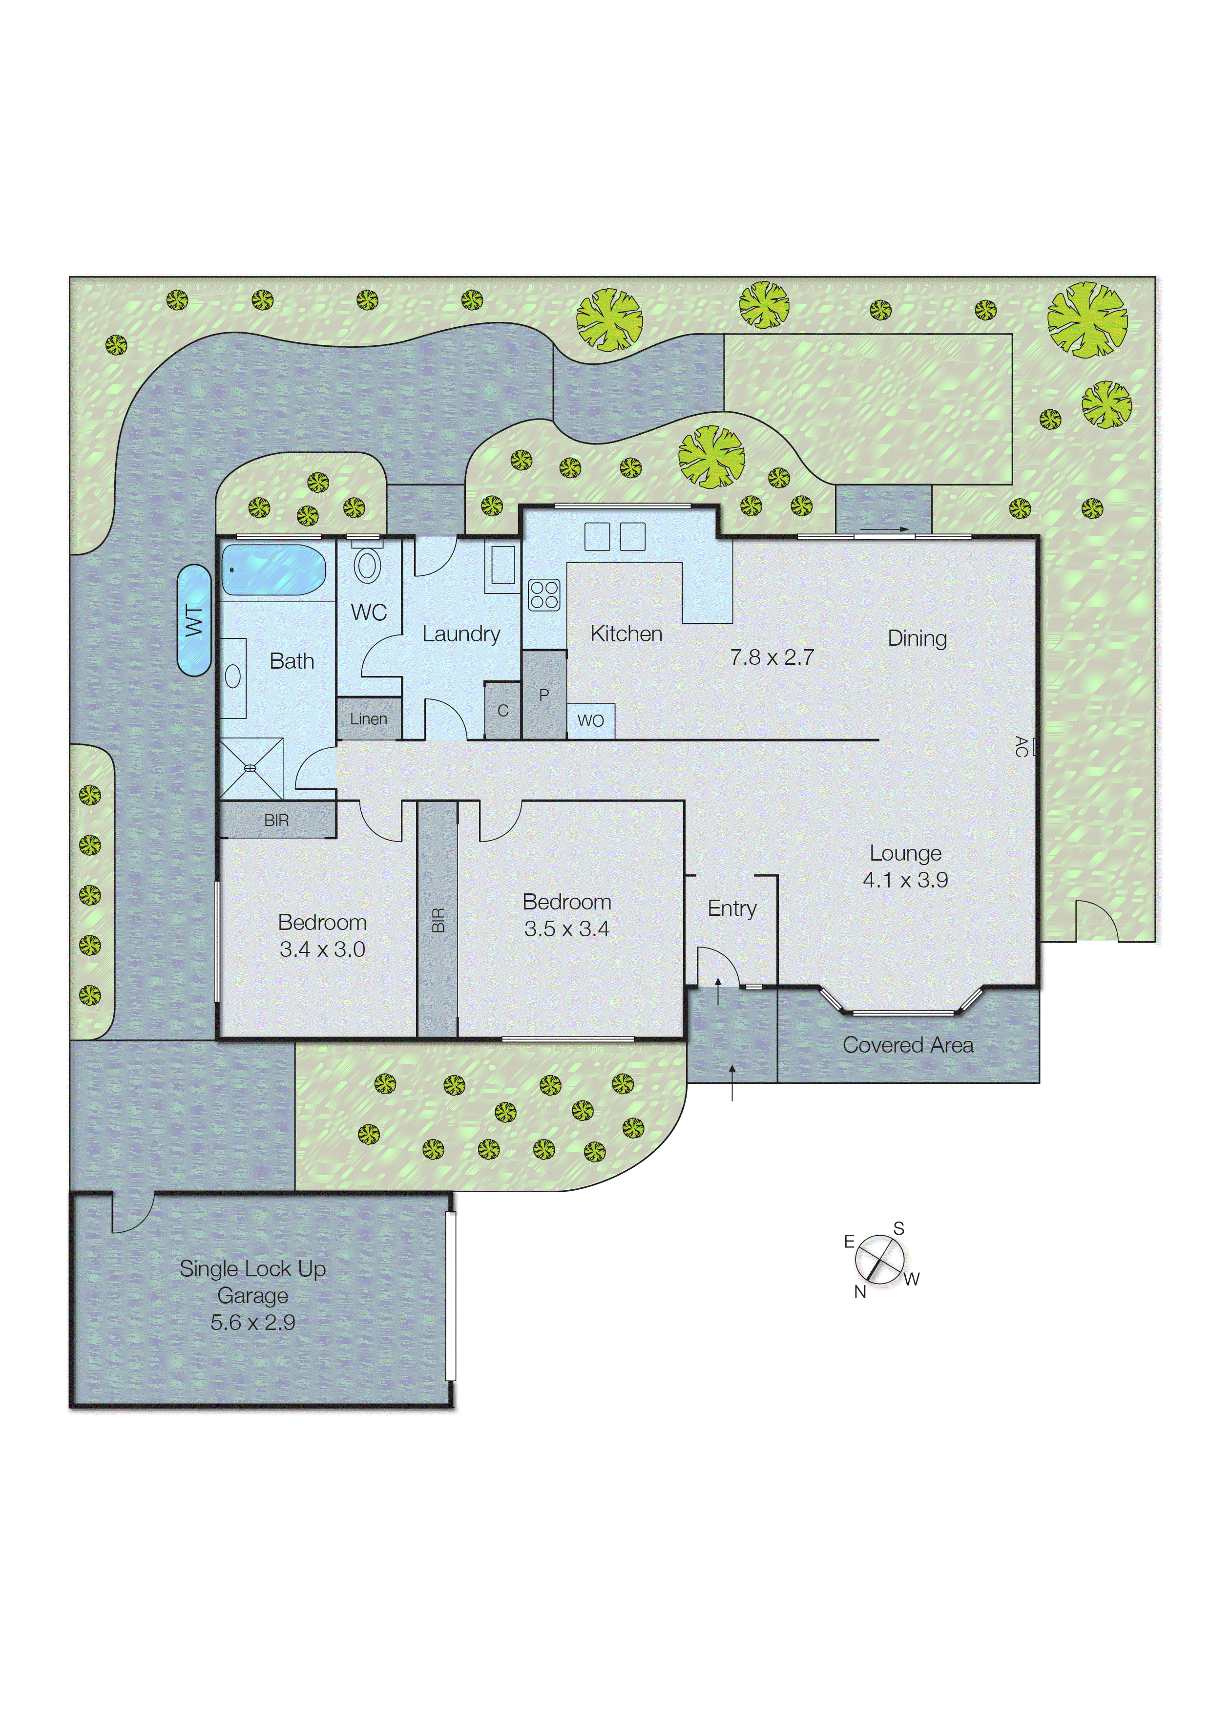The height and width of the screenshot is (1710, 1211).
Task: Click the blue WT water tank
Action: click(x=194, y=620)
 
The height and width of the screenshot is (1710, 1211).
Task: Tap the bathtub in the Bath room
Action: click(x=273, y=569)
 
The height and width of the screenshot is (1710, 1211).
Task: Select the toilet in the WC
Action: click(x=367, y=566)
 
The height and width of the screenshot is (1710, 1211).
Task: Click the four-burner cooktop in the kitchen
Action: click(x=543, y=594)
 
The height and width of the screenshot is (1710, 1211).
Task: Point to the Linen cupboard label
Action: click(x=368, y=719)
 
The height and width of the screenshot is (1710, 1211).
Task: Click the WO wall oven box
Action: click(x=590, y=720)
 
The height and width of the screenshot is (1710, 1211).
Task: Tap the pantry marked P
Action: click(x=543, y=694)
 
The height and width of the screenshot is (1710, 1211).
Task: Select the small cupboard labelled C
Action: click(x=502, y=711)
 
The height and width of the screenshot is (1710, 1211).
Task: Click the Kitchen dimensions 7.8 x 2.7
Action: click(x=772, y=657)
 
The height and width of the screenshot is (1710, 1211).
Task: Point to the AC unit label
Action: click(x=1022, y=746)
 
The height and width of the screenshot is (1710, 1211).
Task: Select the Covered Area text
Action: click(x=907, y=1045)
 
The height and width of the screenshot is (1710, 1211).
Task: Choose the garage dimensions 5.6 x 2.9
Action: click(x=253, y=1322)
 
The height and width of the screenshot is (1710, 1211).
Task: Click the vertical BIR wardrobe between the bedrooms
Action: click(x=438, y=920)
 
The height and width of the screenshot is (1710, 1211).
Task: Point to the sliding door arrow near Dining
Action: click(x=884, y=529)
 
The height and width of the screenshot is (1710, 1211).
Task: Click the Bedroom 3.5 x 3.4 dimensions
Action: click(x=567, y=929)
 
